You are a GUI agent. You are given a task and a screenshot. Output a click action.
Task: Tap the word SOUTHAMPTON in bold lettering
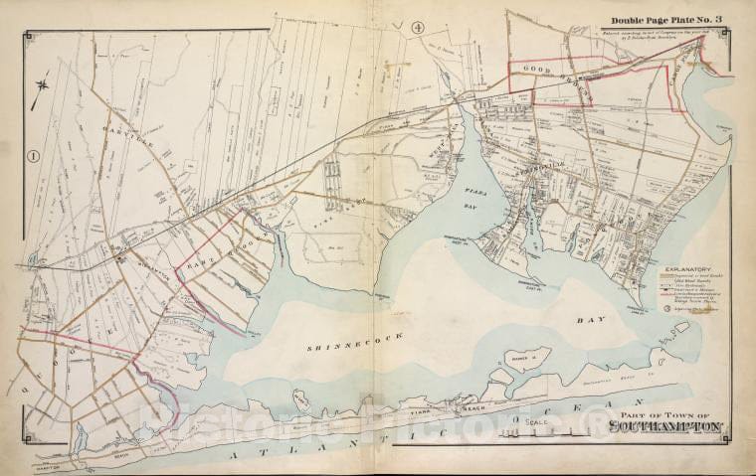(x=665, y=429)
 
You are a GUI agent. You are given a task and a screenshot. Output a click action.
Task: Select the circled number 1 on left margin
(x=33, y=155)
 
